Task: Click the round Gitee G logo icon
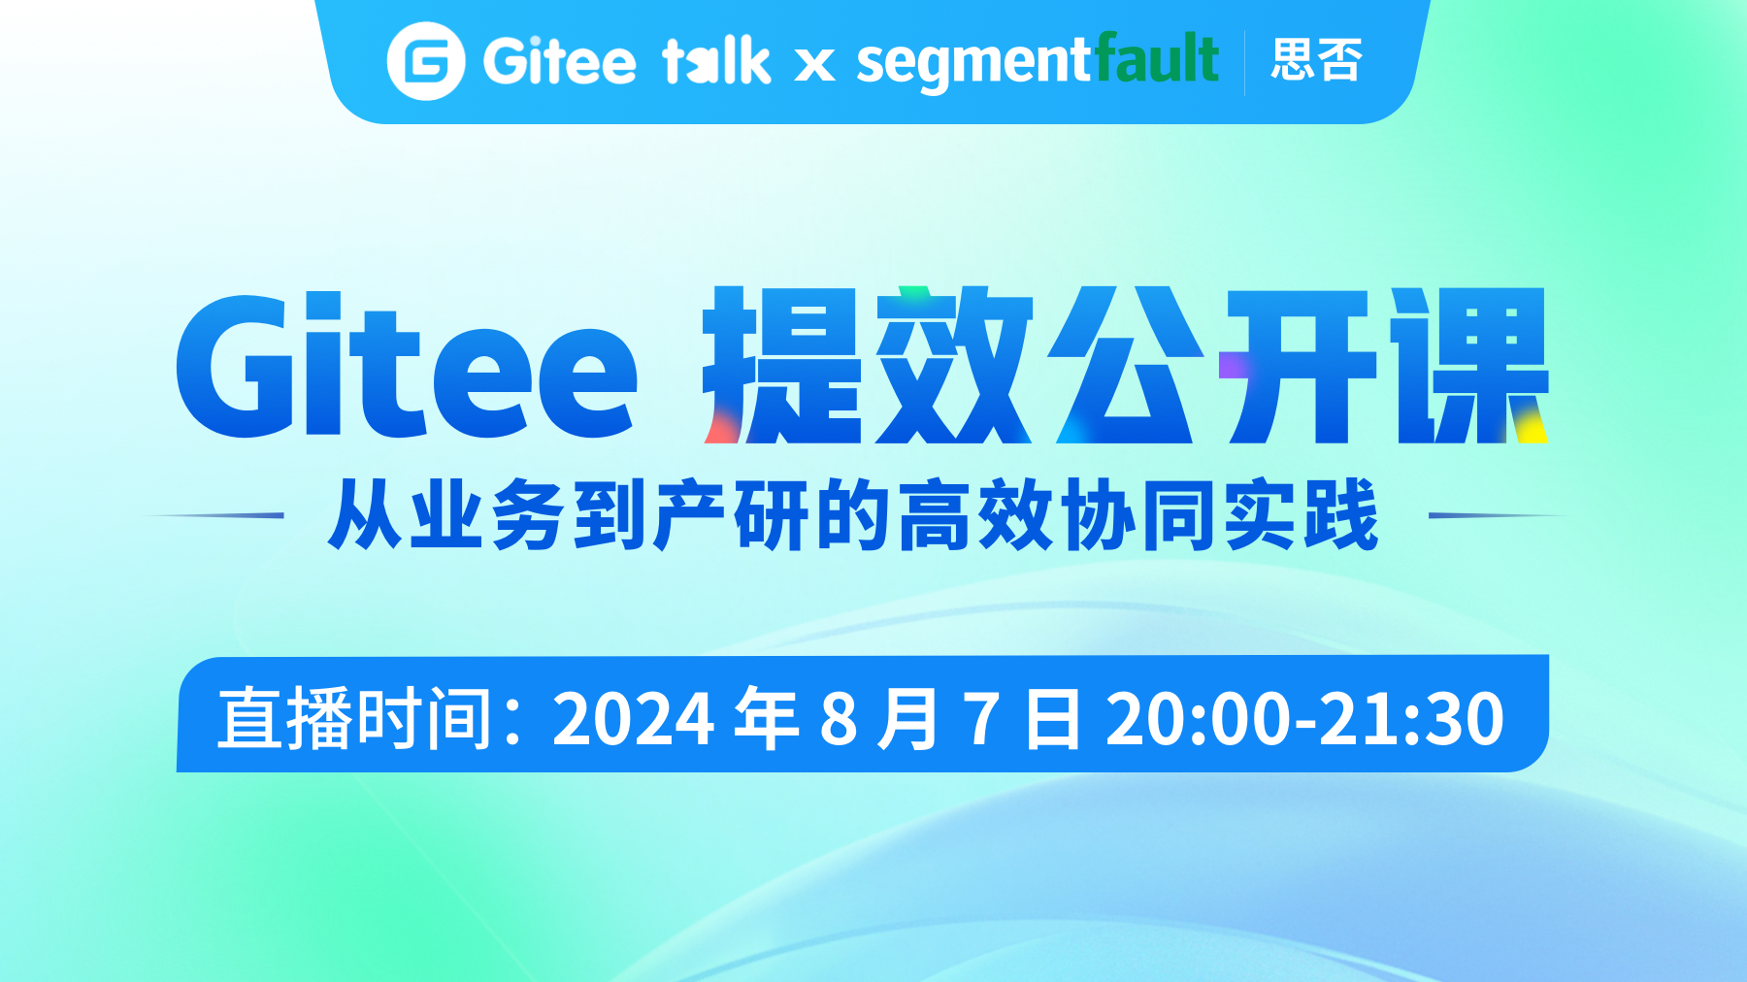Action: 425,61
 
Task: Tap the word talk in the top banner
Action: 716,60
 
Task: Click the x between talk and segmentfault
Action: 814,65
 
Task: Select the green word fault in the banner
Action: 1157,58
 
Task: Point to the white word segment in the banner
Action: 974,64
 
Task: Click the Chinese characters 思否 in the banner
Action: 1317,60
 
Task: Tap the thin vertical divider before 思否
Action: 1245,62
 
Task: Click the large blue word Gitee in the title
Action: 407,366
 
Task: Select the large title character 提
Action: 783,365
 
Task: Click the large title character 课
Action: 1469,365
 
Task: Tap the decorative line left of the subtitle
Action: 214,515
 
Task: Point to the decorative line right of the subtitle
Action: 1499,515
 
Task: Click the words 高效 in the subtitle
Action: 976,515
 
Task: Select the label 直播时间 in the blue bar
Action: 355,718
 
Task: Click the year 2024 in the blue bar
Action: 634,719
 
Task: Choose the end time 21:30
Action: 1412,719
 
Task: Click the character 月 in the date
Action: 908,719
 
